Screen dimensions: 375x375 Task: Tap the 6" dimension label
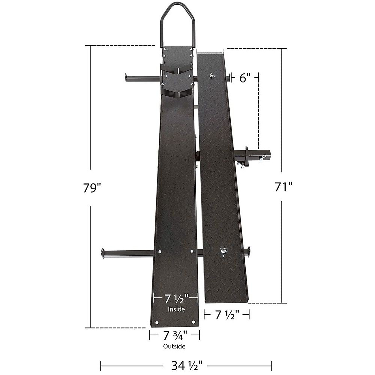(245, 78)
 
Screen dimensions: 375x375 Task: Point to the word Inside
(176, 309)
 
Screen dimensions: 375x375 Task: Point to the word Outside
(174, 346)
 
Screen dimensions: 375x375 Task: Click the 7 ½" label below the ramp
(227, 315)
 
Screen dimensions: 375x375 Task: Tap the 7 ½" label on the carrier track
(176, 299)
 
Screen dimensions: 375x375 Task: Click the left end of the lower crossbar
(103, 252)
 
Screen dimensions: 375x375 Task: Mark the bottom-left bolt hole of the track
(157, 322)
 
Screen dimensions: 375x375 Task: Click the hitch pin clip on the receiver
(262, 158)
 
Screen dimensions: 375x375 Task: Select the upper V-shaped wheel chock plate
(177, 70)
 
